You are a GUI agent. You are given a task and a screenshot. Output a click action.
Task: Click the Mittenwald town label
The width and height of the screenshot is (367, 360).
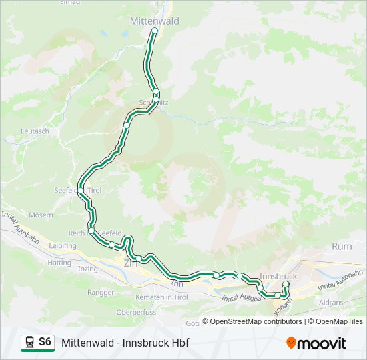[154, 21]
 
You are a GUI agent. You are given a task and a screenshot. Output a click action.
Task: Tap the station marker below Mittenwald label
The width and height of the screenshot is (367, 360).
[155, 31]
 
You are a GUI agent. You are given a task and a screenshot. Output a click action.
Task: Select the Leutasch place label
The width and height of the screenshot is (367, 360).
[35, 131]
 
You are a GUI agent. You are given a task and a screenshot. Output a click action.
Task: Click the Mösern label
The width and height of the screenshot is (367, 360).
[41, 215]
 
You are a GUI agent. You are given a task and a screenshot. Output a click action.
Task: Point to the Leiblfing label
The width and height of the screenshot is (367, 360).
[63, 245]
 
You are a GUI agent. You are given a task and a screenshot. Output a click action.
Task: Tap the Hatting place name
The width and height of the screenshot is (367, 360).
[59, 263]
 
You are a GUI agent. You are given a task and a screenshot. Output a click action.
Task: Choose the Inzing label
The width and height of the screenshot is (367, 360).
[87, 269]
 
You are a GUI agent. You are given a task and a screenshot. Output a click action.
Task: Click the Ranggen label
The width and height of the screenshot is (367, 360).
[101, 292]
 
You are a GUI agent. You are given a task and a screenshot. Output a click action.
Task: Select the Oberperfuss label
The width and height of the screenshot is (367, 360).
[135, 312]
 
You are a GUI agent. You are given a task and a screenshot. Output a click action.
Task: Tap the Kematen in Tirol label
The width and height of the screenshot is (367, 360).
[159, 296]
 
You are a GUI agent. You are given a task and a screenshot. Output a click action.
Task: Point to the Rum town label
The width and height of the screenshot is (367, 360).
[342, 247]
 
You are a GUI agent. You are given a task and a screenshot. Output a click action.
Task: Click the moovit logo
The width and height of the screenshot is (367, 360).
[316, 343]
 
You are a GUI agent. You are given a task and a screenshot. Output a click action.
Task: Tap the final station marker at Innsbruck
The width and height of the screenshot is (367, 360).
[286, 285]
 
